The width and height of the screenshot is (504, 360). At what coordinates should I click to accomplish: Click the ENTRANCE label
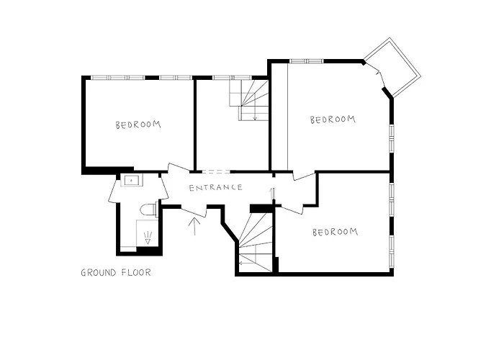(215, 188)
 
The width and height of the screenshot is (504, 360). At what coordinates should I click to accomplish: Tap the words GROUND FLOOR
(115, 273)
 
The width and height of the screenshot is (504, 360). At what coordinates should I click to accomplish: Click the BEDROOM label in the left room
(138, 124)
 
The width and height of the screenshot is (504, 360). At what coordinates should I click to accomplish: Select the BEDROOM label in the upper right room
(333, 120)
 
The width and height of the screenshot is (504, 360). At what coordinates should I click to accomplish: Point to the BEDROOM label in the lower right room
(335, 232)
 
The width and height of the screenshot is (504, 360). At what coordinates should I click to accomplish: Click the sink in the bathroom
(132, 181)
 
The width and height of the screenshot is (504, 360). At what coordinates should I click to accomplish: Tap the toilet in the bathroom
(148, 210)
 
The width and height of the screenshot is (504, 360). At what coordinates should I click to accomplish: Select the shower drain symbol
(148, 238)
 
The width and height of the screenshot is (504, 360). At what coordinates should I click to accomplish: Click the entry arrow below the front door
(193, 225)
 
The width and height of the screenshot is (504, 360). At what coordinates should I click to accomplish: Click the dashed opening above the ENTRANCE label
(215, 171)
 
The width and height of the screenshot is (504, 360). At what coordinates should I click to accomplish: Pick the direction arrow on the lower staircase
(272, 197)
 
